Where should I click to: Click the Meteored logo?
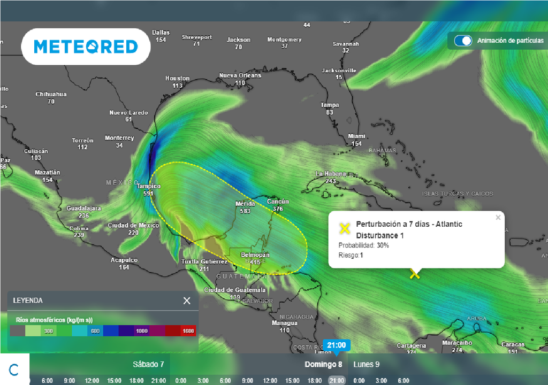coord(86,47)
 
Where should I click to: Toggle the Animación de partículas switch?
coord(463,41)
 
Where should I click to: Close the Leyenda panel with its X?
coord(187,301)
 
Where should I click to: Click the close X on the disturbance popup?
coord(498,218)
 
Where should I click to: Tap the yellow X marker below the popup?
coord(414,274)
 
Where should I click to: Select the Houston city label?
coord(177,79)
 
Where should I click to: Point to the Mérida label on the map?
coord(246,204)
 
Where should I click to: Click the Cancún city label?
coord(278,202)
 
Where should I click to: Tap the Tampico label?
coord(148,187)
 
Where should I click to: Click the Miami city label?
coord(356,136)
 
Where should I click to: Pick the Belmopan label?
coord(255,255)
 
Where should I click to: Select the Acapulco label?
coord(124,260)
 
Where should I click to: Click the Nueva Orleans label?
coord(240,76)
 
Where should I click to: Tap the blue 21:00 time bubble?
coord(337,345)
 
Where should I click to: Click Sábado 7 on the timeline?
coord(148,364)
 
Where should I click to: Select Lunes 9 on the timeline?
coord(367,364)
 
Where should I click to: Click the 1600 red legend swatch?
coord(188,331)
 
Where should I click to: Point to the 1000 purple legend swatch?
coord(142,331)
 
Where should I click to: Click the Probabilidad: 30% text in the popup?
coord(363,245)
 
